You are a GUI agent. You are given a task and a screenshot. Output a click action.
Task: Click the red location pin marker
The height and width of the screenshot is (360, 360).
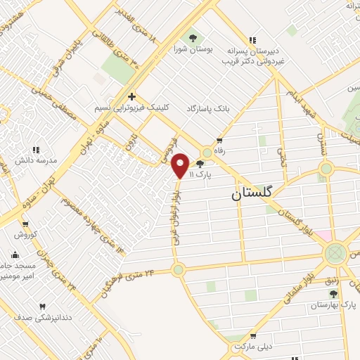tap(181, 165)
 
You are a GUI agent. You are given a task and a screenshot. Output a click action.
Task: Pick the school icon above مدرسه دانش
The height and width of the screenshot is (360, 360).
tap(37, 148)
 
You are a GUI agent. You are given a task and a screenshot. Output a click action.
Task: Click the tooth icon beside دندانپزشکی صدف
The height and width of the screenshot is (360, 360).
tap(41, 307)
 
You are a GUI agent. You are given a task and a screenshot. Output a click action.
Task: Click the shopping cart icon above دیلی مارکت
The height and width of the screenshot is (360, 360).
tap(251, 335)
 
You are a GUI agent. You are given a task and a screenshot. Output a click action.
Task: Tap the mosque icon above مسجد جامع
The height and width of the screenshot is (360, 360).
tap(15, 255)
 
